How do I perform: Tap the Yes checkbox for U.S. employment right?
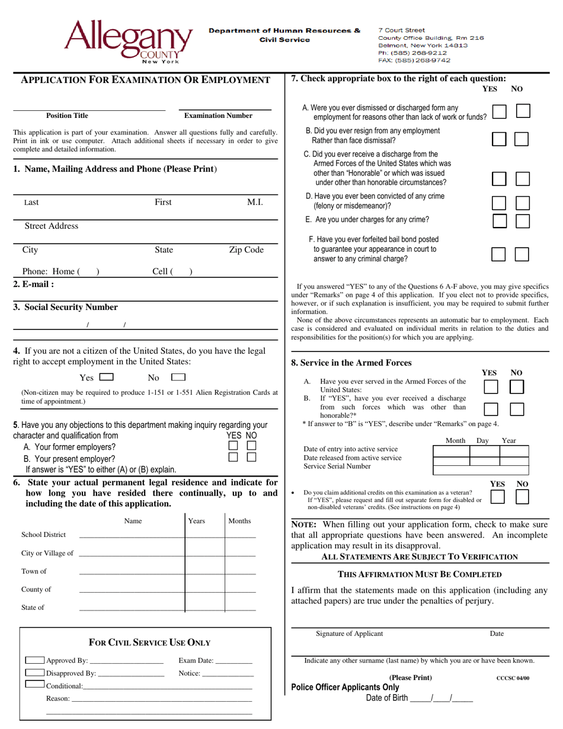tap(107, 377)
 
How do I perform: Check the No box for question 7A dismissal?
tap(522, 111)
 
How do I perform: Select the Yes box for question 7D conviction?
tap(500, 203)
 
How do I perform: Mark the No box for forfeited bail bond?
tap(522, 254)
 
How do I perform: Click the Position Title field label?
tap(67, 116)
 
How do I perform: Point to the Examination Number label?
tap(218, 116)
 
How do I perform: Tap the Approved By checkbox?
tap(35, 660)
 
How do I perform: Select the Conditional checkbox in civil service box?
tap(35, 685)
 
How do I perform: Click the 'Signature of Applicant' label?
tap(349, 634)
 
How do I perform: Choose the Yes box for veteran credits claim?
tap(498, 497)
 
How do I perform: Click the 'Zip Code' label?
tap(246, 250)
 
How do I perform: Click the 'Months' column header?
tap(239, 521)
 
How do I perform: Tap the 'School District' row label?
tap(44, 535)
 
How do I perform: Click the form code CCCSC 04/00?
tap(513, 678)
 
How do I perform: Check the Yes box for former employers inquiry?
tap(233, 445)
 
